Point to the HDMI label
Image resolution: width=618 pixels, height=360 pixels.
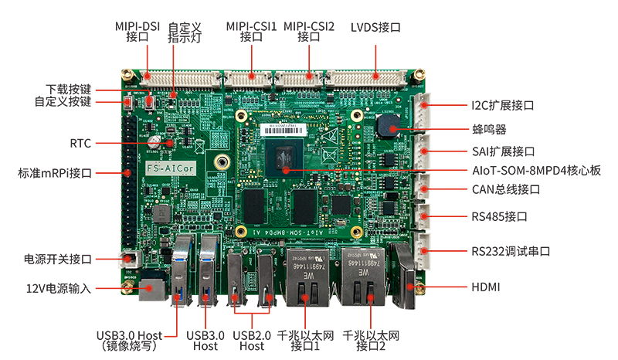point(486,287)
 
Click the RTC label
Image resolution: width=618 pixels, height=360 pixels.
point(80,144)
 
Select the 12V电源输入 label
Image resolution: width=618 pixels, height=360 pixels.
point(59,289)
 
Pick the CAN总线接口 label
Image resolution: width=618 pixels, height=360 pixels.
point(505,189)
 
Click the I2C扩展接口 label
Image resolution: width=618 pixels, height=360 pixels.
point(503,105)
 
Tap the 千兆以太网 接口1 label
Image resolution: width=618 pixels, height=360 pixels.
point(305,340)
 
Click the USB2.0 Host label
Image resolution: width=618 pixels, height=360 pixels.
point(252,341)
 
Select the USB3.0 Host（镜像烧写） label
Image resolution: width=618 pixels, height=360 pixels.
point(130,341)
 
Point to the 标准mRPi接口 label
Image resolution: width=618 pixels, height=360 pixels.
point(56,173)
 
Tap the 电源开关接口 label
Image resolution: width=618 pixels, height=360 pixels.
point(59,259)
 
